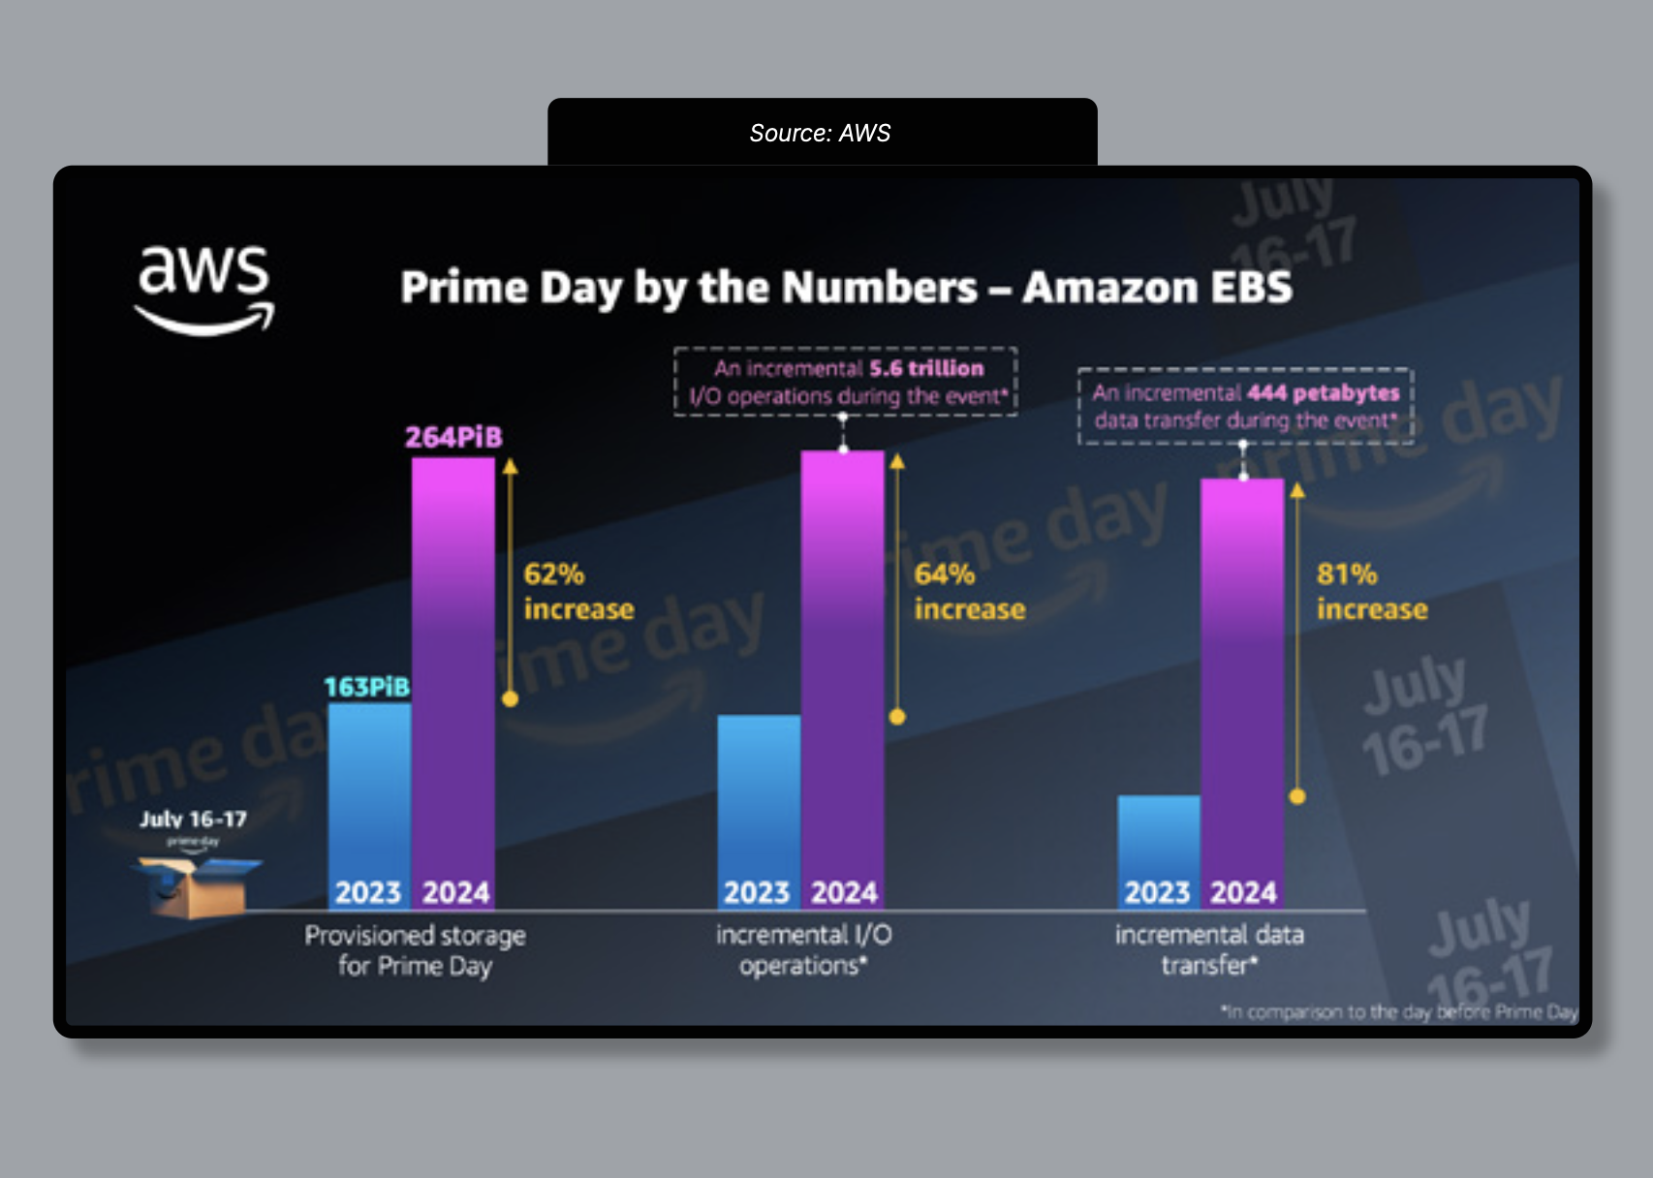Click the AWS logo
204,289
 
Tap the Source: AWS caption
820,133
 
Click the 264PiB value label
453,437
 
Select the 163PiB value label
366,687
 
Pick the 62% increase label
578,591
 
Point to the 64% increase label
969,591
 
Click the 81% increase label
1371,591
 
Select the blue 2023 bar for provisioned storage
369,794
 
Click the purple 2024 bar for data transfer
1243,678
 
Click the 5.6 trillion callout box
846,382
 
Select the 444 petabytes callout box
1246,406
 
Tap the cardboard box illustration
197,886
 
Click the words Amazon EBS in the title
1157,288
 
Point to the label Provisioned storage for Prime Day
415,950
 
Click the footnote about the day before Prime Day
1399,1011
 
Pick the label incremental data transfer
1208,949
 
